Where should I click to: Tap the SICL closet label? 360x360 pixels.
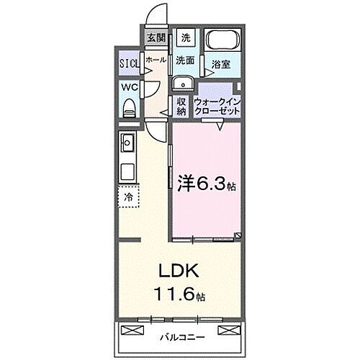(x=130, y=62)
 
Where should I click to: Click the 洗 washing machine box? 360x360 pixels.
(x=185, y=38)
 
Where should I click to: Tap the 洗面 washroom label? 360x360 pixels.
(x=185, y=62)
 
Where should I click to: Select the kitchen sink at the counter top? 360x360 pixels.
(x=127, y=141)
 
